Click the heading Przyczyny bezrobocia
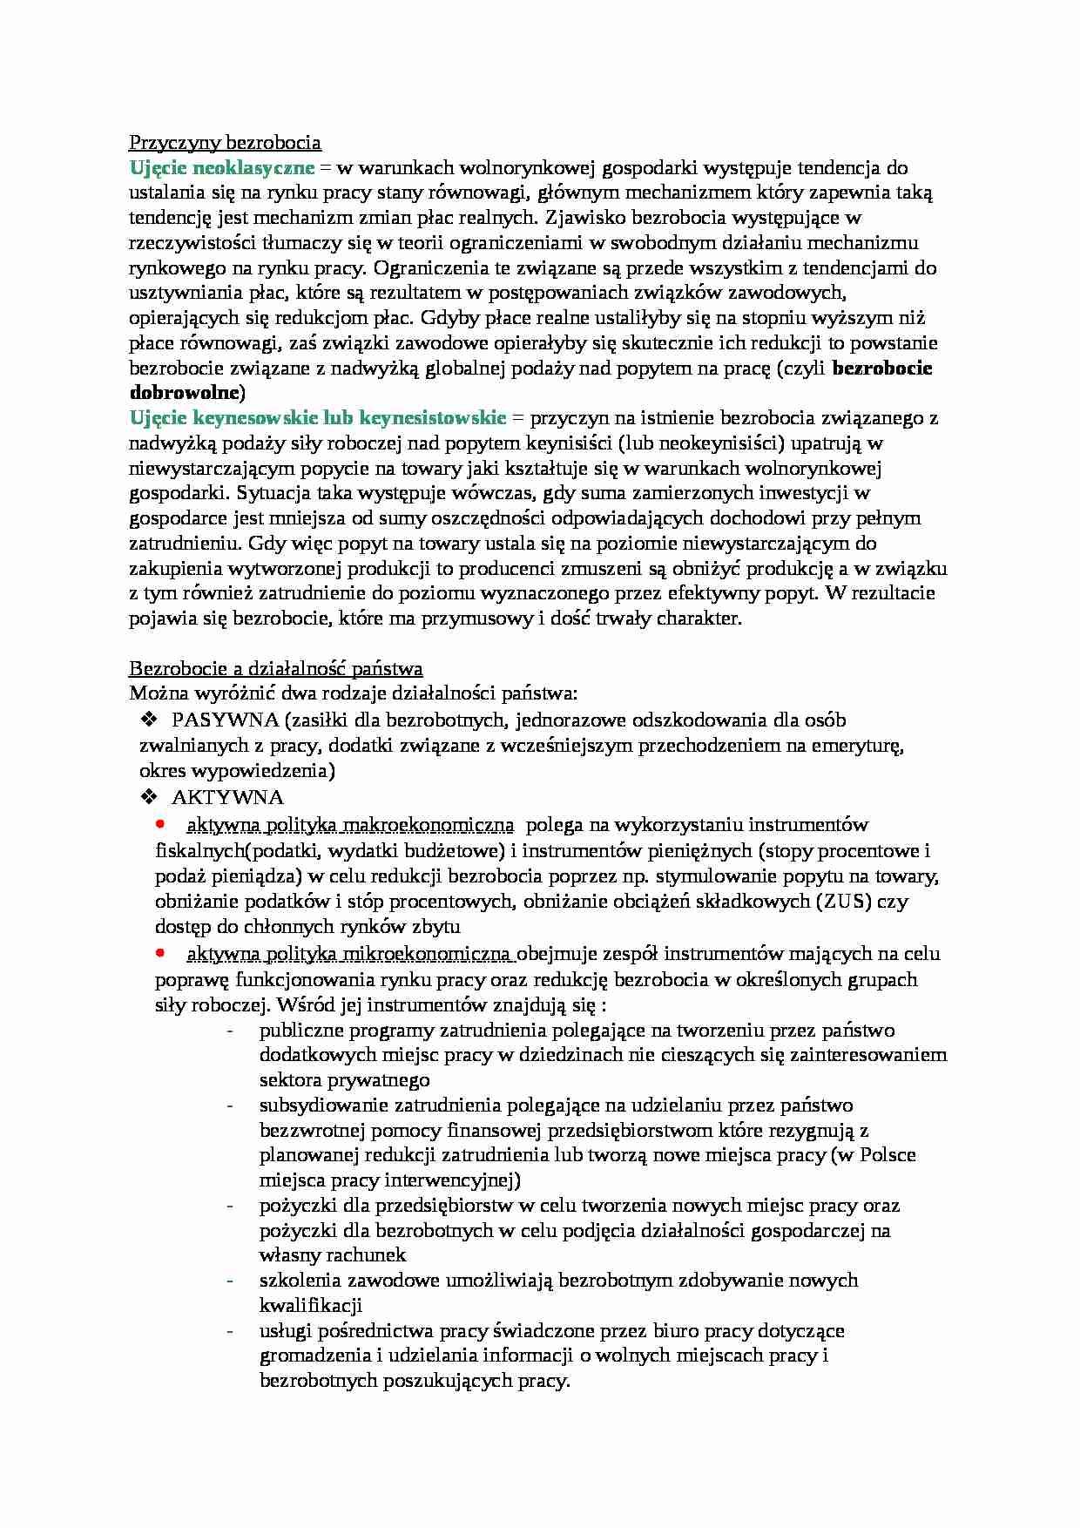coord(225,142)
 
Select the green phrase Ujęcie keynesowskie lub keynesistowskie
coord(318,417)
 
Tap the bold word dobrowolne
coord(185,392)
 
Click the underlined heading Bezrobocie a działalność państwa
coord(276,669)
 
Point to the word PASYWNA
coord(226,720)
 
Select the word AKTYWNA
coord(227,797)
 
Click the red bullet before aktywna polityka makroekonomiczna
coord(160,823)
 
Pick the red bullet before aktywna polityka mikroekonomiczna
coord(160,952)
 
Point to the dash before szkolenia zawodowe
coord(230,1281)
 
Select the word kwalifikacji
coord(310,1306)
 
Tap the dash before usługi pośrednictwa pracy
coord(230,1331)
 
